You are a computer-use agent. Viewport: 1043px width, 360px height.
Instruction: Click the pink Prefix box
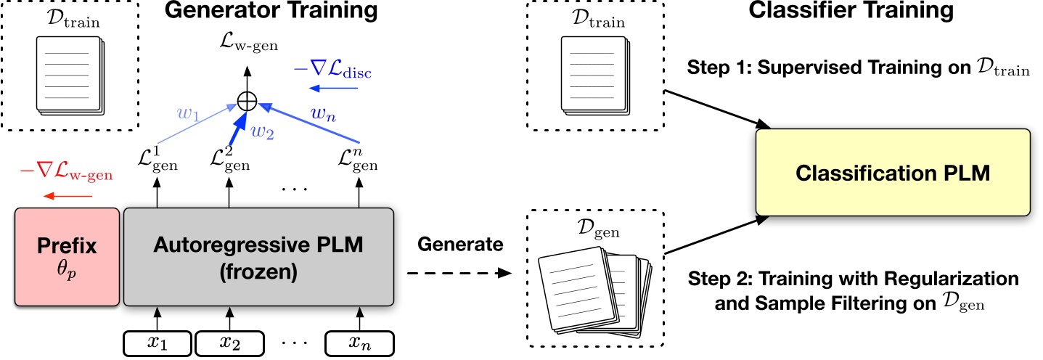(x=67, y=257)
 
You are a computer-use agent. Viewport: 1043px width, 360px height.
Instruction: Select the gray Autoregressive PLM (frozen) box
(x=259, y=257)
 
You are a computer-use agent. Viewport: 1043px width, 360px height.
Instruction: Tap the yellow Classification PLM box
(x=893, y=173)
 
